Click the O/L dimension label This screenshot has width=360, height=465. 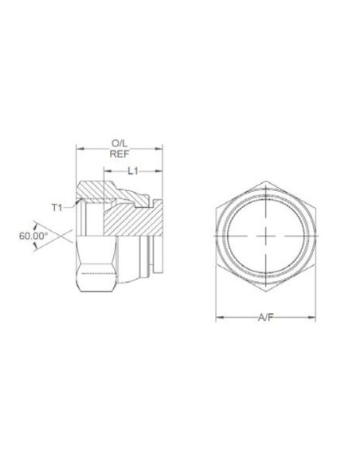click(x=119, y=143)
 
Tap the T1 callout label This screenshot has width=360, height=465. click(x=57, y=208)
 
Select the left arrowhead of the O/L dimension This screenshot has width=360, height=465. click(x=78, y=148)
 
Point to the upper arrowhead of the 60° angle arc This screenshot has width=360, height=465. click(x=35, y=223)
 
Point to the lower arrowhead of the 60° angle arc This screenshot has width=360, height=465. click(x=35, y=248)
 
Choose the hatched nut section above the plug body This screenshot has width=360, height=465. click(x=100, y=192)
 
